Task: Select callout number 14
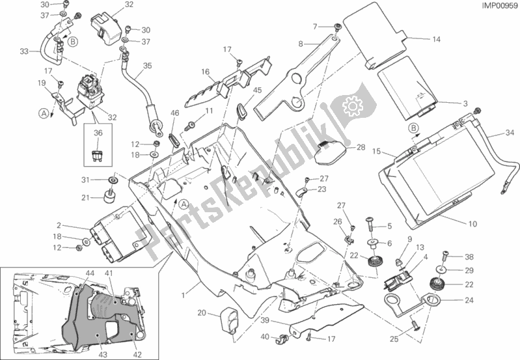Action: pyautogui.click(x=436, y=40)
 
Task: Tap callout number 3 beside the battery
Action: pyautogui.click(x=465, y=104)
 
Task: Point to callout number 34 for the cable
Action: pyautogui.click(x=508, y=135)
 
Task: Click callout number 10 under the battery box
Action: pyautogui.click(x=472, y=224)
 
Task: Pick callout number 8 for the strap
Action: pyautogui.click(x=301, y=44)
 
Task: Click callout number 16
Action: pyautogui.click(x=204, y=72)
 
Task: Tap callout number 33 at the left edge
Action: pyautogui.click(x=25, y=52)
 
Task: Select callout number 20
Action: pyautogui.click(x=202, y=313)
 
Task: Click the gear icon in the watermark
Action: pyautogui.click(x=352, y=104)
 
